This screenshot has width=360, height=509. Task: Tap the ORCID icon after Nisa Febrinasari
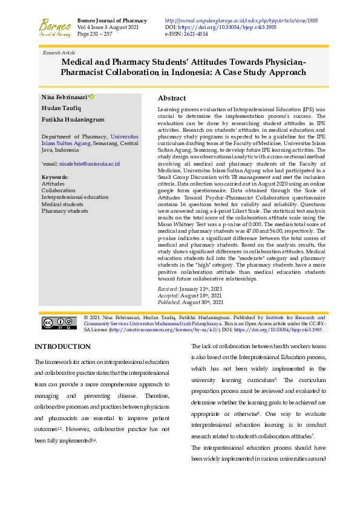coord(92,97)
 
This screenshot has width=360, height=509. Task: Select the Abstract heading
coord(172,98)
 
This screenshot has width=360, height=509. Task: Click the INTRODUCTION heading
coord(62,346)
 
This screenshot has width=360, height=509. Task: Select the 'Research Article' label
coord(59,53)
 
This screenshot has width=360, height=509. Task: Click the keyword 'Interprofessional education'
coord(75,197)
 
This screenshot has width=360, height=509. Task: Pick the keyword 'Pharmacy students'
coord(65,210)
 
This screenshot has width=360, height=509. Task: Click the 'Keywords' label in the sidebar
coord(54,177)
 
